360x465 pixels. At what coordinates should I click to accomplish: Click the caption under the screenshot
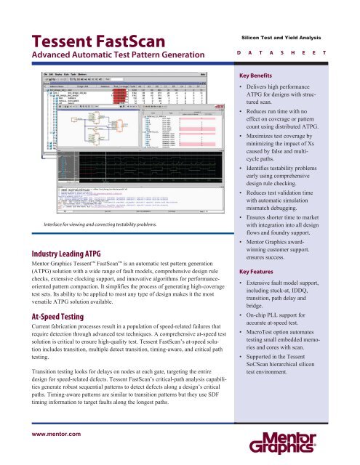click(x=109, y=205)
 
